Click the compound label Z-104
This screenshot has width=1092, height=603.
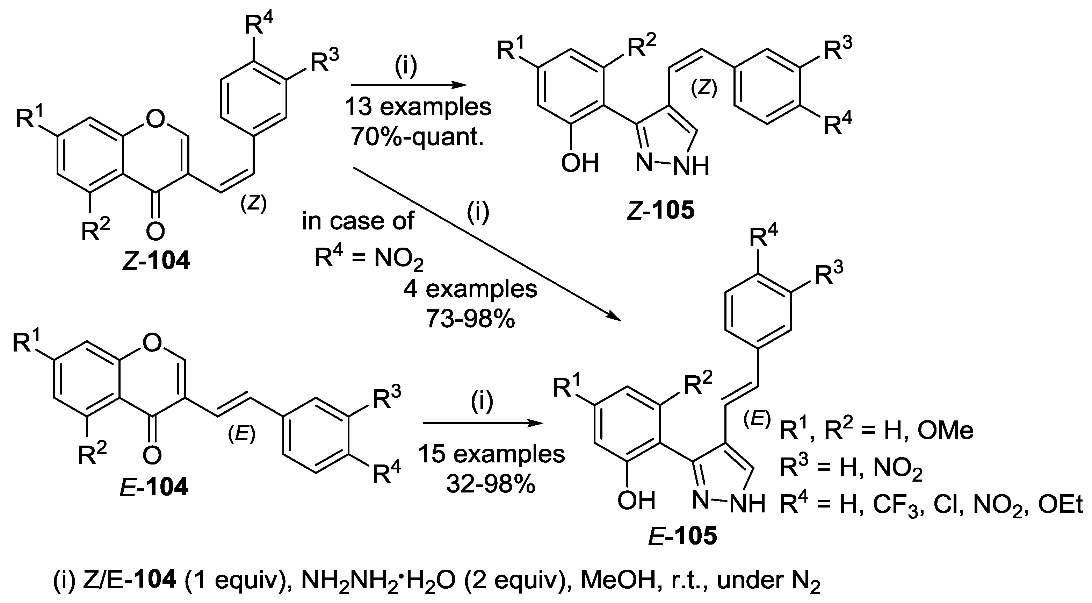[x=156, y=261]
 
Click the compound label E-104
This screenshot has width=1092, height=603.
[x=153, y=487]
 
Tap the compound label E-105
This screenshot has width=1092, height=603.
[x=683, y=535]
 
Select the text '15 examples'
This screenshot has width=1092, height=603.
[x=491, y=454]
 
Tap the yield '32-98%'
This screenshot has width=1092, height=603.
[x=491, y=484]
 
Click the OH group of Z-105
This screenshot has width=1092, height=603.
[x=579, y=163]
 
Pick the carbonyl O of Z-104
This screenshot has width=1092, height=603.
[x=155, y=231]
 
